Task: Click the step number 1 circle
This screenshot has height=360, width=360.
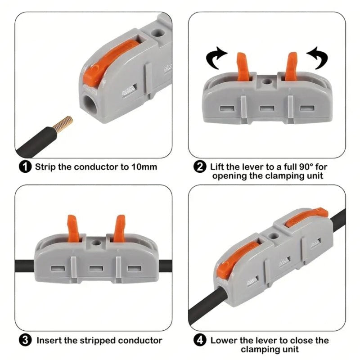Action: [25, 166]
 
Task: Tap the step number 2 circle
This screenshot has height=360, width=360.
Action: [200, 166]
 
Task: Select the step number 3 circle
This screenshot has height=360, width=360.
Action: [25, 340]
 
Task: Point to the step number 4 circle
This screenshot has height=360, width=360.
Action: [200, 340]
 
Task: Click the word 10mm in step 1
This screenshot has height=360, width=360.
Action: [144, 167]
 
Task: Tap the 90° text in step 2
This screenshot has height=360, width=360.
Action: [306, 166]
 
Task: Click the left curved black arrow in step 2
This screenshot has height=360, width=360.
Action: [216, 58]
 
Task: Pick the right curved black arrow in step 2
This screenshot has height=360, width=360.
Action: [318, 58]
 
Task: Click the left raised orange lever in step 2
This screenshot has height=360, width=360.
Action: [243, 66]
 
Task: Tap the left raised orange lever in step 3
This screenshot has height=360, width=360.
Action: [73, 229]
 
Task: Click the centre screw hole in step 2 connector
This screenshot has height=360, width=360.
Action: [266, 81]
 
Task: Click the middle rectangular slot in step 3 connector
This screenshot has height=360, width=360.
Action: [96, 268]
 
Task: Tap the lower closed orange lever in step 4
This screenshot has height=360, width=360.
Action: [237, 259]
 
